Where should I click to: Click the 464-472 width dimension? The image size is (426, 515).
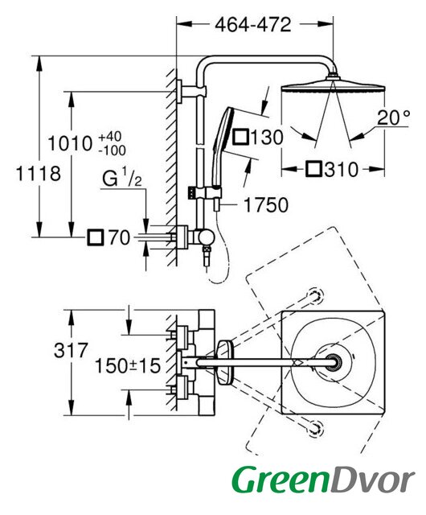tap(252, 25)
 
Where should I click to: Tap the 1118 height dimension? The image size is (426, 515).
tap(39, 173)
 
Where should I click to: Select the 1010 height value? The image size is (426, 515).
tap(70, 144)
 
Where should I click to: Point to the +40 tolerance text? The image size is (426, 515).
tap(110, 136)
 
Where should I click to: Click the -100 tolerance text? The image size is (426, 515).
tap(113, 150)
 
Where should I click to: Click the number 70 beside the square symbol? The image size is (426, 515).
tap(120, 237)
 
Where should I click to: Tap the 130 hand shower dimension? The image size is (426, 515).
tap(267, 138)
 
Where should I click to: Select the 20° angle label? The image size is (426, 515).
tap(394, 117)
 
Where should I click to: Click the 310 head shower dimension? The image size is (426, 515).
tap(342, 170)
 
